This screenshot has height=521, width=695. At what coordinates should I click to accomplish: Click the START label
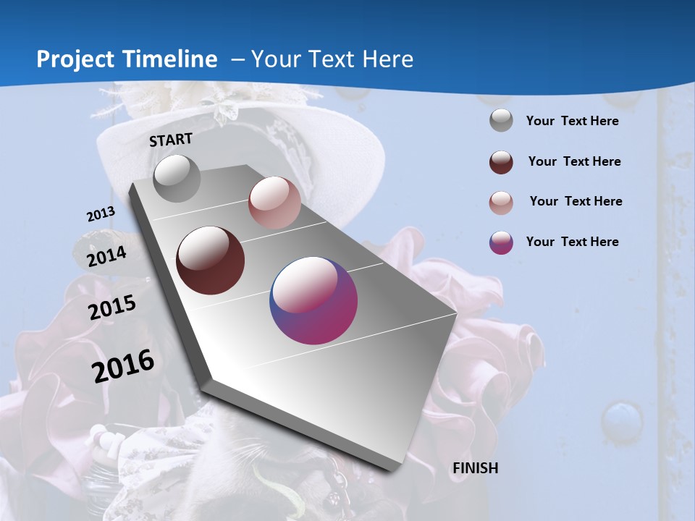[x=171, y=140]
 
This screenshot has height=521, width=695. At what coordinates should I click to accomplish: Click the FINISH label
[x=475, y=468]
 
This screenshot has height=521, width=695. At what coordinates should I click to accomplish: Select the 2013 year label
[x=101, y=214]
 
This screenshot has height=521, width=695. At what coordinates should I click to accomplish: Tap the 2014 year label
[x=106, y=257]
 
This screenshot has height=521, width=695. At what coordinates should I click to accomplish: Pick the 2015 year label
[x=112, y=307]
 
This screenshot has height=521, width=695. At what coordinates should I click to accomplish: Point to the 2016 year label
[x=123, y=366]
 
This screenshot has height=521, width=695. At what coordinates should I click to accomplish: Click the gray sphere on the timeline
[x=177, y=178]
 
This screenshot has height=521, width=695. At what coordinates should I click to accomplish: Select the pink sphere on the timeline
[x=274, y=203]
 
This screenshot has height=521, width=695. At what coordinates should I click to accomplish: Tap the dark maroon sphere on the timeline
[x=211, y=260]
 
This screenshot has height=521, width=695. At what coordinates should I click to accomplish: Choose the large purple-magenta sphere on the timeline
[x=313, y=300]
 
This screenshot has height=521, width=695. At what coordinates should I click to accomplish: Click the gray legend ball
[x=501, y=121]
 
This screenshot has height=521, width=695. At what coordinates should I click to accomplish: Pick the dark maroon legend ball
[x=501, y=162]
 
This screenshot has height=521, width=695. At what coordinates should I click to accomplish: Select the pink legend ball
[x=501, y=203]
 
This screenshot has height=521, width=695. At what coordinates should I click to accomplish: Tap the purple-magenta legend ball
[x=501, y=242]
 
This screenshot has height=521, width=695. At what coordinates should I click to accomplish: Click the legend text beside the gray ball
[x=572, y=121]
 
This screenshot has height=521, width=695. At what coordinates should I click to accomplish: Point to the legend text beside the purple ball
[x=572, y=242]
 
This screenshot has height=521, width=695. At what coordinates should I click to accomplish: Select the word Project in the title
[x=76, y=59]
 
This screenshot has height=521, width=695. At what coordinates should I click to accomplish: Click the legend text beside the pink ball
[x=576, y=201]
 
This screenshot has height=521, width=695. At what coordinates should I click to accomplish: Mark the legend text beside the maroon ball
[x=574, y=161]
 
